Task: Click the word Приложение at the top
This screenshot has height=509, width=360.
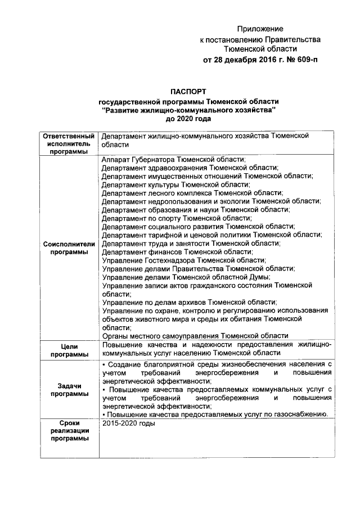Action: pos(260,29)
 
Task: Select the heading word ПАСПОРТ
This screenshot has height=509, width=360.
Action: pos(189,91)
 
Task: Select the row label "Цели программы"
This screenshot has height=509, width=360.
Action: pos(67,350)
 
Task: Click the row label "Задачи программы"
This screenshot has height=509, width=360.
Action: pos(67,390)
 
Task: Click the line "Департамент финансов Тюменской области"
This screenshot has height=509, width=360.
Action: pos(177,252)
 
